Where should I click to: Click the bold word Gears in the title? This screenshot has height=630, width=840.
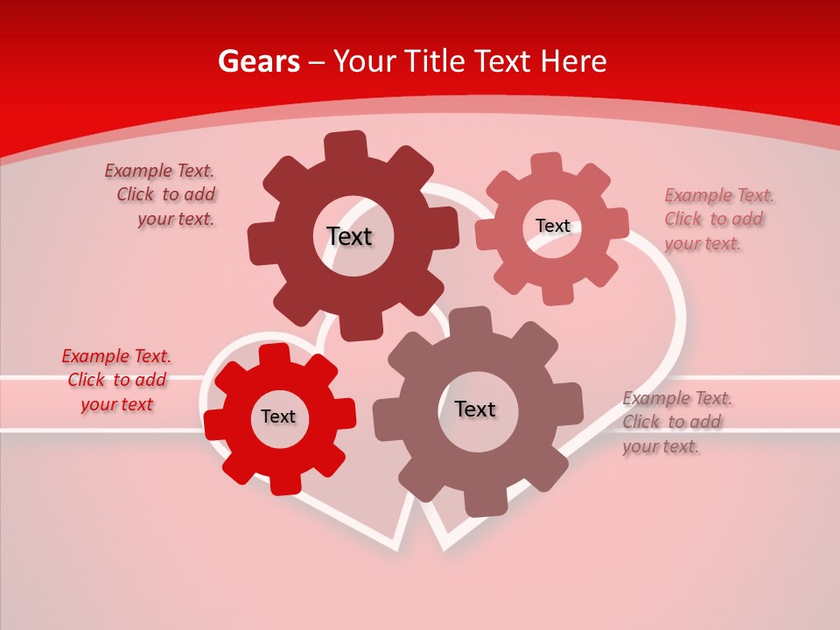(258, 61)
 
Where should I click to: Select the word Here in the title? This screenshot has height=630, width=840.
(573, 61)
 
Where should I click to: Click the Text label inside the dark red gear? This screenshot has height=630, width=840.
(349, 236)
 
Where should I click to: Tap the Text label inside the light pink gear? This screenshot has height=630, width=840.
(552, 226)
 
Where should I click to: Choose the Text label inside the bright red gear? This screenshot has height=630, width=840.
(278, 416)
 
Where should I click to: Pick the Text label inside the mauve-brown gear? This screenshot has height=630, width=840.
(475, 409)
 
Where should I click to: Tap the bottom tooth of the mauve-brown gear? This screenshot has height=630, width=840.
(479, 502)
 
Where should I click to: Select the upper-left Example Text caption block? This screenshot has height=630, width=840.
(163, 195)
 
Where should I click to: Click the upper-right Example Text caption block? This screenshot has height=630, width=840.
(717, 219)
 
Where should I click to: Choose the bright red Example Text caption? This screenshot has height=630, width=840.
(117, 380)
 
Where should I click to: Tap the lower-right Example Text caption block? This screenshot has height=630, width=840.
(675, 422)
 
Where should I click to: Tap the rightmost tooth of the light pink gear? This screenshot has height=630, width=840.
(617, 223)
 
